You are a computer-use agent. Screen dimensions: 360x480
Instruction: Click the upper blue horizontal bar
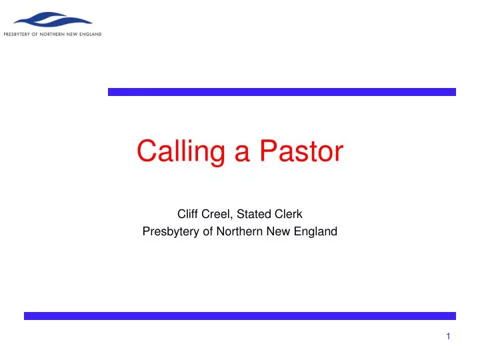tap(281, 92)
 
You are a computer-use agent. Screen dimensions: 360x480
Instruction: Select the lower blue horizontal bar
tap(240, 316)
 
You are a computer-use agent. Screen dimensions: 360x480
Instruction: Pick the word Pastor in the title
tap(301, 151)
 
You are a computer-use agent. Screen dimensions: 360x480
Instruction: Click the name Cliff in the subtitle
tap(187, 214)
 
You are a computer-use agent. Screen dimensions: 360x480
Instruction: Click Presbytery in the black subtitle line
tap(170, 232)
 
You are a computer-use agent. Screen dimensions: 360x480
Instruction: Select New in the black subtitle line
tap(273, 232)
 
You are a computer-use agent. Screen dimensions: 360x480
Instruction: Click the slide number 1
tap(449, 337)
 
